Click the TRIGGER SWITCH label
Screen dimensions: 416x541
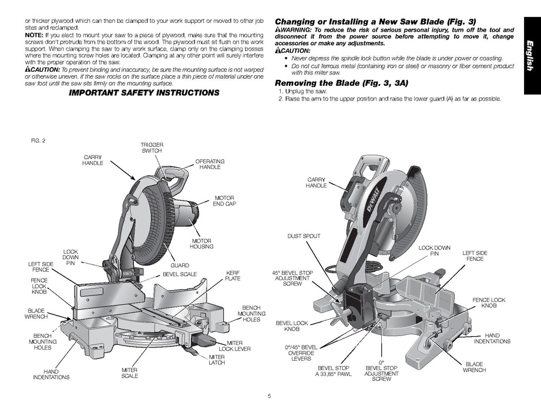coord(152,147)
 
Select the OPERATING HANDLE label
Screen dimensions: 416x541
coord(210,164)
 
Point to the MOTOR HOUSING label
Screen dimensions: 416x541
coord(201,244)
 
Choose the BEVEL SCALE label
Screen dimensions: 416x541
coord(180,274)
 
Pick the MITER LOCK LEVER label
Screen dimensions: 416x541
coord(231,345)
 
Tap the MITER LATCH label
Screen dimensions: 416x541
coord(217,360)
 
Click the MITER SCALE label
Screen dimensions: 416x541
coord(130,373)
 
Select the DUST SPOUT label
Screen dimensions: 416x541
coord(304,236)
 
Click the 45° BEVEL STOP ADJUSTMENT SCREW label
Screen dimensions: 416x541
coord(288,278)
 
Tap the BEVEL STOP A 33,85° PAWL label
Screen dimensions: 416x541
coord(333,371)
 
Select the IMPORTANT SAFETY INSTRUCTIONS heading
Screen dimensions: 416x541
coord(144,92)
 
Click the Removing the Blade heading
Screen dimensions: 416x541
coord(341,83)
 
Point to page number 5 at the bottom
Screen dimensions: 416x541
coord(270,395)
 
